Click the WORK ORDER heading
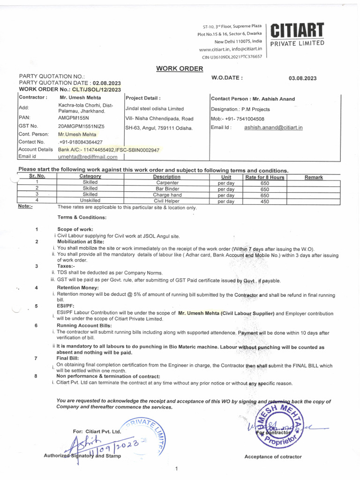180,68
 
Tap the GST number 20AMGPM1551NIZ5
81,126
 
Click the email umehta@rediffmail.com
87,157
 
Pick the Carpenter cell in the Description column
167,183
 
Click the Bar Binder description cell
167,189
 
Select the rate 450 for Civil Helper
264,201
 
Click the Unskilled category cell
90,200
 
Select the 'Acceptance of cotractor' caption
273,457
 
